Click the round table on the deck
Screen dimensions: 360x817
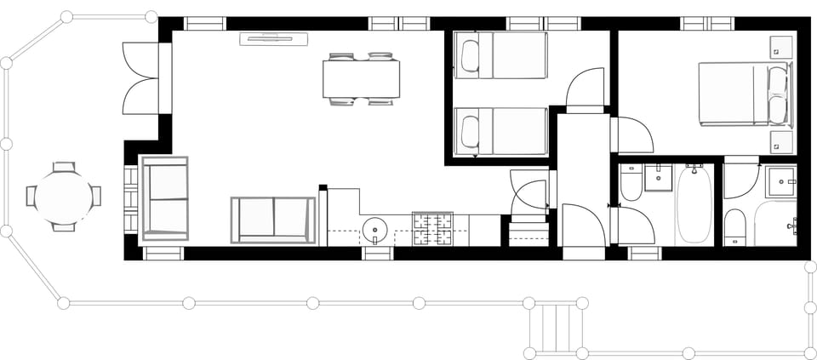pyautogui.click(x=63, y=197)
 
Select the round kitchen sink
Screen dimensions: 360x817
pyautogui.click(x=375, y=229)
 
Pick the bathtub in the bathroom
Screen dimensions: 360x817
pyautogui.click(x=694, y=204)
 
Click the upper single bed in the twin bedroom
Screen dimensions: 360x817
pyautogui.click(x=500, y=55)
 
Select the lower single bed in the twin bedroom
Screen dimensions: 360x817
pyautogui.click(x=500, y=132)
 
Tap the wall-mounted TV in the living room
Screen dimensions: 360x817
pyautogui.click(x=274, y=37)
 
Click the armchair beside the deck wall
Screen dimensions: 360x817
pyautogui.click(x=164, y=199)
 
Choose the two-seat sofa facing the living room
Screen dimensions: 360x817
pyautogui.click(x=273, y=220)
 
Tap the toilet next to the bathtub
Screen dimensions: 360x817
pyautogui.click(x=631, y=184)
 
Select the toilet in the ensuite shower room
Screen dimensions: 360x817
pyautogui.click(x=735, y=226)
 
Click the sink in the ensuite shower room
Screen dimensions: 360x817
pyautogui.click(x=779, y=179)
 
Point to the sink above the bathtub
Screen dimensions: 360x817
pyautogui.click(x=658, y=177)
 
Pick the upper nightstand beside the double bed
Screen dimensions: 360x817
pyautogui.click(x=780, y=46)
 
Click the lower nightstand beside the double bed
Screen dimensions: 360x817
pyautogui.click(x=780, y=141)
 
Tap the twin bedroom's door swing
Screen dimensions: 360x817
pyautogui.click(x=586, y=88)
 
